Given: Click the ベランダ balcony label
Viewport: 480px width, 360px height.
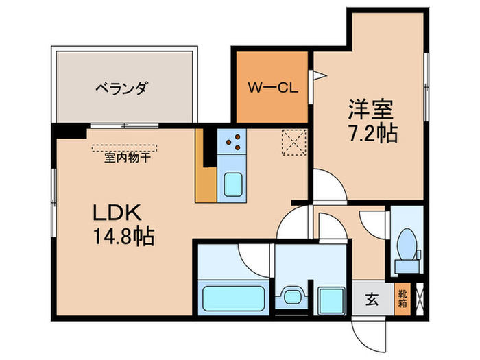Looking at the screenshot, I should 121,88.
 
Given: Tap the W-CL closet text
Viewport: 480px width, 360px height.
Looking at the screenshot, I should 272,88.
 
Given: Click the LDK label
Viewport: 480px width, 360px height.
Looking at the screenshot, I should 119,213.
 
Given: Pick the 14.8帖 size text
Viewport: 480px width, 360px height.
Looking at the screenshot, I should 124,237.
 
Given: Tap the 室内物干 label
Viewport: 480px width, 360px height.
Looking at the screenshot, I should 128,158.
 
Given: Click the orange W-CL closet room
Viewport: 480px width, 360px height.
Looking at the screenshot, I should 272,88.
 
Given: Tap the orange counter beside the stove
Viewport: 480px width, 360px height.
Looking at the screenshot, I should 204,168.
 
